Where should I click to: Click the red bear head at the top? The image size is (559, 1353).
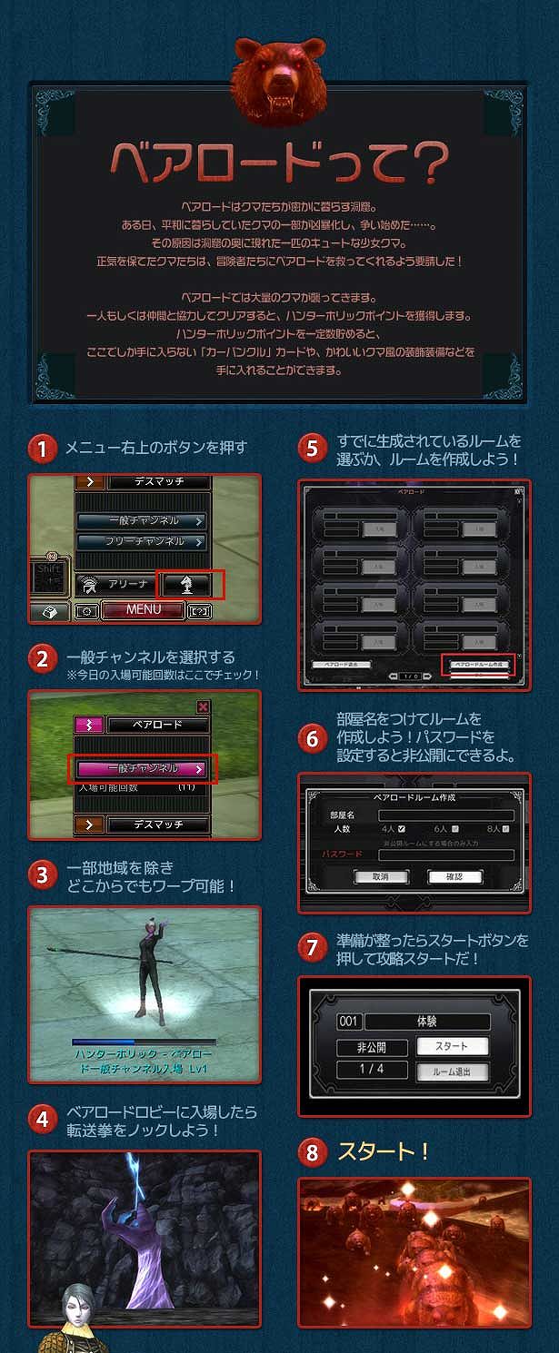(x=277, y=82)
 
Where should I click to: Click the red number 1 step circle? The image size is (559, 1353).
(x=41, y=449)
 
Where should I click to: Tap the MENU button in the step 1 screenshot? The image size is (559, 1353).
(x=143, y=609)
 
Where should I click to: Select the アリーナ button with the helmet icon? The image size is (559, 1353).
(x=115, y=584)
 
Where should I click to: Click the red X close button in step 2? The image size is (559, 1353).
(x=203, y=706)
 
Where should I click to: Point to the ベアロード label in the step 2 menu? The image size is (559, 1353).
(x=158, y=725)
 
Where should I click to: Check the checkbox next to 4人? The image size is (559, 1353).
(x=401, y=829)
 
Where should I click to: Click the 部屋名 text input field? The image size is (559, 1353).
(x=445, y=815)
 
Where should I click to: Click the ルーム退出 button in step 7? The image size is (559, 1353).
(x=453, y=1072)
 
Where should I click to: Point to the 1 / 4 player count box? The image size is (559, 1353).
(x=372, y=1070)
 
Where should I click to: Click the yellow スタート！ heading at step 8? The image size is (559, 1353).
(x=384, y=1152)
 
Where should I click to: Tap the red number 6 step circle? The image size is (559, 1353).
(x=312, y=739)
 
